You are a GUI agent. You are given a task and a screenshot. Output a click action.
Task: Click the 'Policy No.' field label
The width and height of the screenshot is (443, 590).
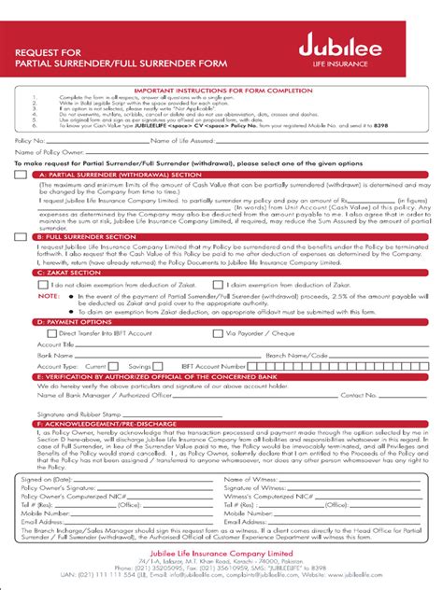tap(29, 140)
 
